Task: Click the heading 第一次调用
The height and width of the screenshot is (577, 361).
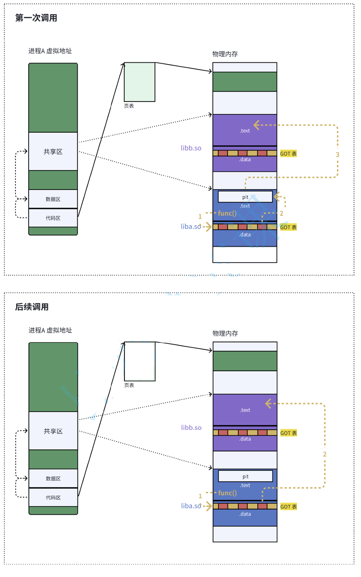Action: [36, 18]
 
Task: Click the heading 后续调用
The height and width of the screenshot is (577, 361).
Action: [32, 307]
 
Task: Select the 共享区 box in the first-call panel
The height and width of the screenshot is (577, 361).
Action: [53, 152]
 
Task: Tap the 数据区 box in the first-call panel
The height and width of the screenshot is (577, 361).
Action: [53, 199]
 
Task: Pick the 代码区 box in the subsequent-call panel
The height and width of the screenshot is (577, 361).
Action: [53, 498]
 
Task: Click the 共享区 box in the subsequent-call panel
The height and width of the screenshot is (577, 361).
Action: [53, 431]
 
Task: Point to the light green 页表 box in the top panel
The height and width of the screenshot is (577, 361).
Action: [139, 82]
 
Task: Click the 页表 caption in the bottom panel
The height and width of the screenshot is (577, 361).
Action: [129, 385]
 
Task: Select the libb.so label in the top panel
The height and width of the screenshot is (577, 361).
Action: [191, 148]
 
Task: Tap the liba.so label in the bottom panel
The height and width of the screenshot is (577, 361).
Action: [191, 506]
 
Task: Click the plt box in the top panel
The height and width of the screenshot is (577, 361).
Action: [245, 197]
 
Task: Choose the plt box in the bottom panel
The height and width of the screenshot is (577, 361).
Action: [245, 476]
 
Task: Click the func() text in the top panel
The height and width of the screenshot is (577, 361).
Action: [227, 213]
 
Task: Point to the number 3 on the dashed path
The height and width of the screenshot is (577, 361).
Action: [338, 155]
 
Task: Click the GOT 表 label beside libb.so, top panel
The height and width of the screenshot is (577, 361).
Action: [288, 154]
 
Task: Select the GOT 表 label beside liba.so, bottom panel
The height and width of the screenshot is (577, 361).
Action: [289, 507]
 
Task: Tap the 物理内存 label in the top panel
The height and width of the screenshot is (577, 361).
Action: [225, 54]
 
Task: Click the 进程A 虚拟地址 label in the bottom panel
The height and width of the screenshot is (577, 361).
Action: [50, 330]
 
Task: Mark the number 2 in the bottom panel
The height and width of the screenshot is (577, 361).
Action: [325, 454]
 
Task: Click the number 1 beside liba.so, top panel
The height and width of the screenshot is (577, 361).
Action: [200, 216]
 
